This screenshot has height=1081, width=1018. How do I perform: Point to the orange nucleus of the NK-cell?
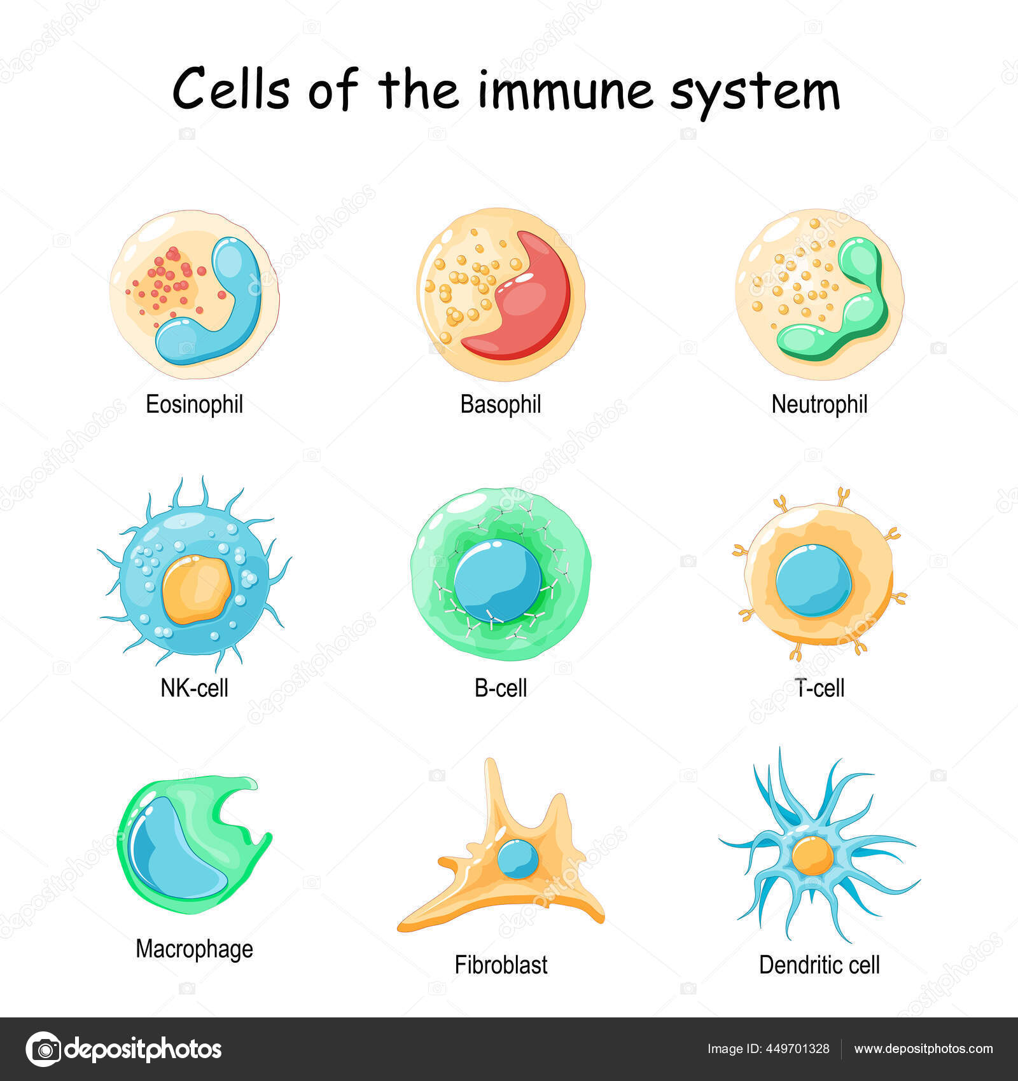point(196,589)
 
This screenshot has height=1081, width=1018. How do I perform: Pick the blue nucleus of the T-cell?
point(813,580)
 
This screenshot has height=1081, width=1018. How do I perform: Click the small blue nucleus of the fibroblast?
point(517,858)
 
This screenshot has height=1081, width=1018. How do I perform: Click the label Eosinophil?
point(194,404)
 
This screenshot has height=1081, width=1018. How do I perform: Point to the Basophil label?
point(500,404)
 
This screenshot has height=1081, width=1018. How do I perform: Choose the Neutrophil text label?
point(819,404)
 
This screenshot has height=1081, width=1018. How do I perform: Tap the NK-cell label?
point(194,688)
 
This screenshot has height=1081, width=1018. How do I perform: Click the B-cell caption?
point(501,688)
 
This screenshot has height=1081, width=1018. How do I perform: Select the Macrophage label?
point(194,949)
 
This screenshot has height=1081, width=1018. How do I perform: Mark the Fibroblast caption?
point(501,965)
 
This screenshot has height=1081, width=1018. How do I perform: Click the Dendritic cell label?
point(819,965)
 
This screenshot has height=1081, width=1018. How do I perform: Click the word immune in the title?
point(564,91)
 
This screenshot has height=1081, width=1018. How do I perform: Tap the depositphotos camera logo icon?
point(43,1049)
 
